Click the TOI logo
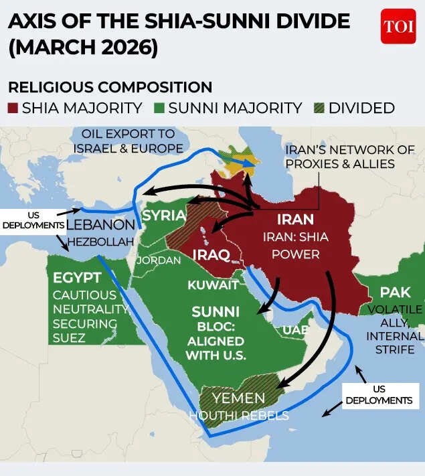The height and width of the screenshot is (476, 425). pos(398,27)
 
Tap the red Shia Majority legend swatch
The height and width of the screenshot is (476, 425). pos(13,108)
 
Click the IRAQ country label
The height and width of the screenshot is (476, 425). pos(211,255)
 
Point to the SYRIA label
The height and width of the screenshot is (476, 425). pos(164,216)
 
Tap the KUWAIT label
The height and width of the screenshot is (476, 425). pos(213,285)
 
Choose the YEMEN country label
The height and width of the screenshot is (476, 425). pos(238,399)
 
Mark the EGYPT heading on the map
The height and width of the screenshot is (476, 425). pos(78,277)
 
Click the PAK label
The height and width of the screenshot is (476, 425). pos(395,293)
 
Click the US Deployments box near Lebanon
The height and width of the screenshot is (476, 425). pos(32,220)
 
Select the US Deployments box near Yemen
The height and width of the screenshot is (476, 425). pos(379,394)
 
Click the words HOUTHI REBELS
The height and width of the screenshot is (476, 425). pos(238,416)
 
